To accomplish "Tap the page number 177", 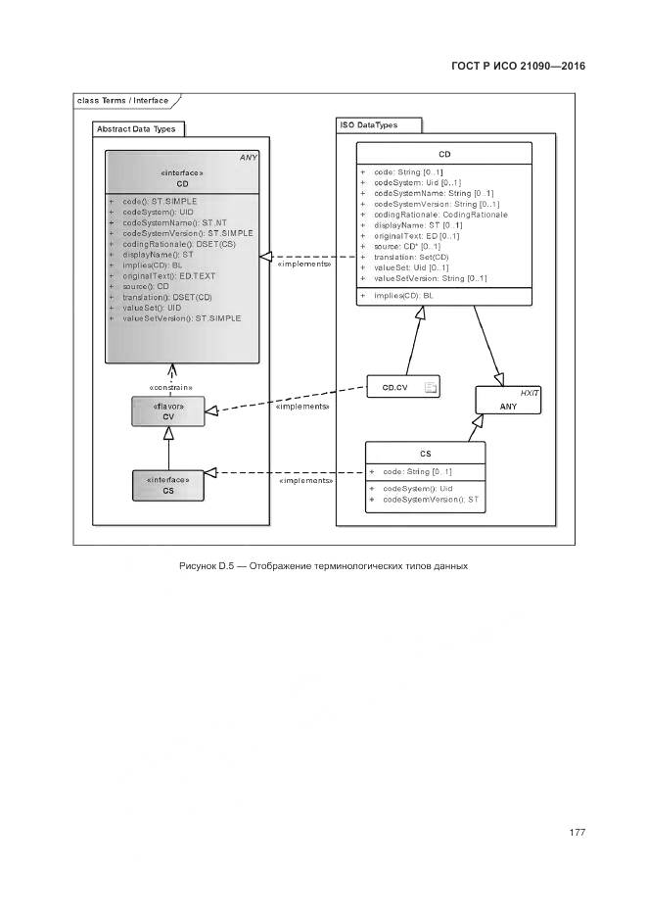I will [577, 833].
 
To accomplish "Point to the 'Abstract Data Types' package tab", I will [134, 128].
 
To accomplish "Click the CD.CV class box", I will [403, 389].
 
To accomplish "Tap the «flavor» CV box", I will [168, 411].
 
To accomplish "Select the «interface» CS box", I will [168, 485].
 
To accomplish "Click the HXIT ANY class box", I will [509, 399].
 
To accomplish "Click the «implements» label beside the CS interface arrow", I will [306, 481].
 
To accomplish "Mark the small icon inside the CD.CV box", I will [429, 389].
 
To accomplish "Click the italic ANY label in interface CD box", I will [248, 157].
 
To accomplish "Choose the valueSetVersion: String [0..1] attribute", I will [430, 278].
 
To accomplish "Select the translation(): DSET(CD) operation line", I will [167, 297].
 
